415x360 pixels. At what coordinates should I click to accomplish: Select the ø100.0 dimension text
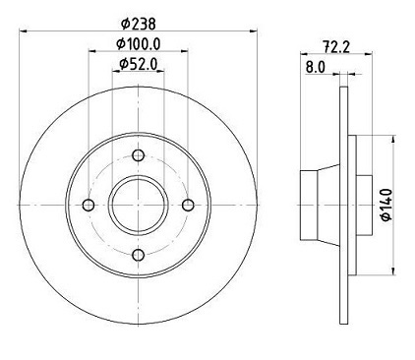138,43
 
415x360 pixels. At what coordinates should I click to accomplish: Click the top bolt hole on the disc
138,154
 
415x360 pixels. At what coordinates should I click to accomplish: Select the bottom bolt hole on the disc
138,254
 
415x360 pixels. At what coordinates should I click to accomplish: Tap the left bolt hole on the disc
89,205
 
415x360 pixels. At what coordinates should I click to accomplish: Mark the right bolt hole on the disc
188,205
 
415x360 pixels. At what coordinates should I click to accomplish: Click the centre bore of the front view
138,205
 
